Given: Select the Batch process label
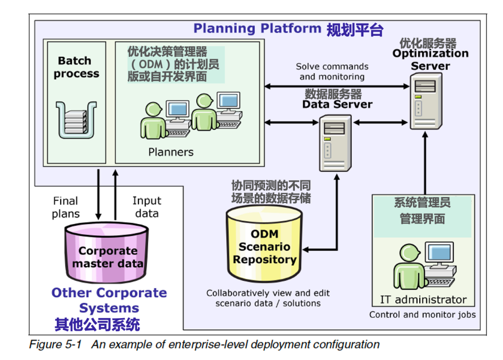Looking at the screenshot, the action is coord(76,67).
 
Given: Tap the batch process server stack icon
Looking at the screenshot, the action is coord(76,120).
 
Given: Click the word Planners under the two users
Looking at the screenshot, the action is coord(170,152).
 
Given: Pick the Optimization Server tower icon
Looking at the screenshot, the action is coord(426,101).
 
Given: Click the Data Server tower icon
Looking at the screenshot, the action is coord(335,143).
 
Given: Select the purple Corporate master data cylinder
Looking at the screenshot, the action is coord(107,253).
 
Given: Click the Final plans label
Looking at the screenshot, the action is coord(66,207).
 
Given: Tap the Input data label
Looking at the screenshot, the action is coord(147,207).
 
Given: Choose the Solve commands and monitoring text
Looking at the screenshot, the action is coord(332,72).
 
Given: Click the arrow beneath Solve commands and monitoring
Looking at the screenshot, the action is coord(337,86).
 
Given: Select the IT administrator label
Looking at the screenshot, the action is coord(423,299).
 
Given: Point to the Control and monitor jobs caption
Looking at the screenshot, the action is coord(422,314).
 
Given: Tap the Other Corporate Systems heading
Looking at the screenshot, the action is coord(109,300).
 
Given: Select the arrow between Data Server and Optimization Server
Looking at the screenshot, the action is coord(381,122).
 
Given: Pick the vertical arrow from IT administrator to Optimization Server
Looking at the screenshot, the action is coord(425,163).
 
